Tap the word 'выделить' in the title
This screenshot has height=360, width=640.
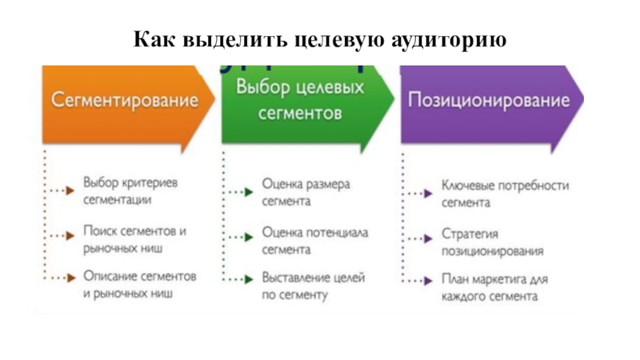click(215, 39)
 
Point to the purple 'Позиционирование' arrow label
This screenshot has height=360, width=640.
click(489, 101)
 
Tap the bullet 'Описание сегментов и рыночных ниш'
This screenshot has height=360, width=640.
click(140, 285)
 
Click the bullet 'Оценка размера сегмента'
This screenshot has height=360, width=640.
click(306, 193)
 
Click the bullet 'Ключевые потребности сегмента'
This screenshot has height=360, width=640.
click(505, 194)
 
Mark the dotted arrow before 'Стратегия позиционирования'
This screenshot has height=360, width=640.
click(418, 238)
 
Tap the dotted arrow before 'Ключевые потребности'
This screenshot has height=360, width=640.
click(418, 193)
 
